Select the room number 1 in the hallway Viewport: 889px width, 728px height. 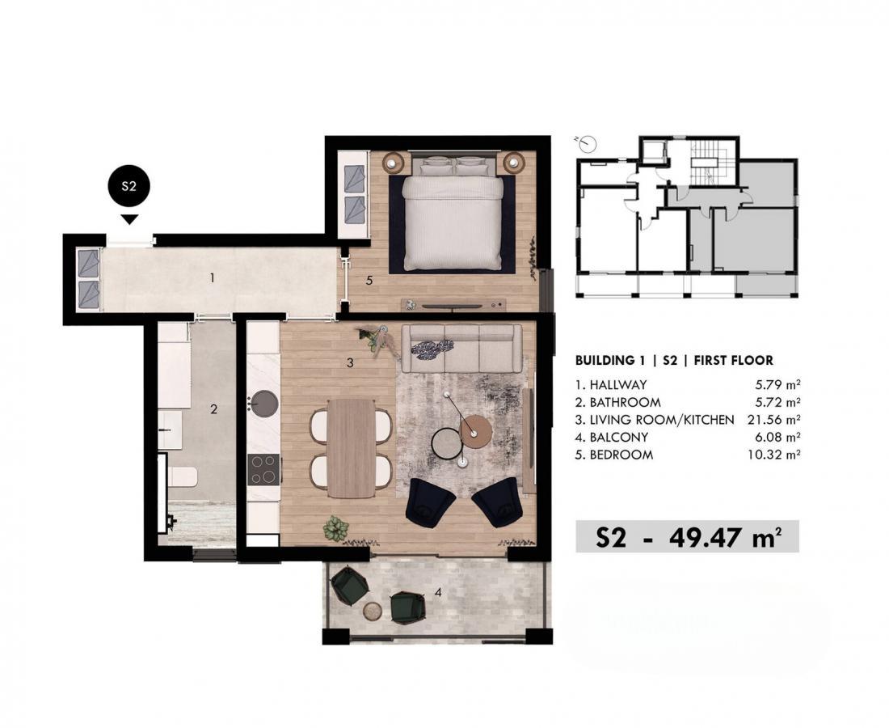coord(212,278)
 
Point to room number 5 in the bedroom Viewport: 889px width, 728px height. coord(369,281)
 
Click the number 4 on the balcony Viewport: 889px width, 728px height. coord(438,593)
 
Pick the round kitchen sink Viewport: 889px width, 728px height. coord(263,403)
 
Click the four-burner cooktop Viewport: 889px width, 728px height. coord(263,469)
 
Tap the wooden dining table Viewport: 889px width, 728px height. coord(352,448)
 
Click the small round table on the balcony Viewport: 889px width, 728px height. coord(373,611)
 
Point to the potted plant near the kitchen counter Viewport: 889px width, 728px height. coord(336,529)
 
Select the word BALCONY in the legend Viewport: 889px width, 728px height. coord(618,438)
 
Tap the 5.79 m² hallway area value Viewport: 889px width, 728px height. coord(777,385)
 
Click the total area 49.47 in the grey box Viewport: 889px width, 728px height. coord(707,537)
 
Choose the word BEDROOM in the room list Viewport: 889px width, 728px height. coord(621,455)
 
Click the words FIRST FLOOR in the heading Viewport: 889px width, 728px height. coord(734,360)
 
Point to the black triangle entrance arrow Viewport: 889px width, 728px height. coord(130,219)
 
